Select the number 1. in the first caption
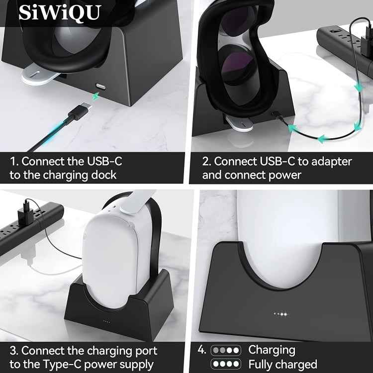point(14,162)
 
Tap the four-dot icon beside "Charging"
point(226,350)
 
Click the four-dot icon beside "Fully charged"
point(226,364)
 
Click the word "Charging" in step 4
point(272,350)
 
